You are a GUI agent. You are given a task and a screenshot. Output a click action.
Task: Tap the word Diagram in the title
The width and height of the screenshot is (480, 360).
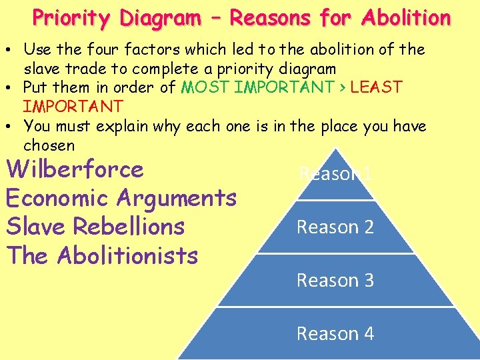point(161,18)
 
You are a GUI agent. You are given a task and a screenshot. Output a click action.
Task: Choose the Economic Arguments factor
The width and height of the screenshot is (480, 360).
point(121,198)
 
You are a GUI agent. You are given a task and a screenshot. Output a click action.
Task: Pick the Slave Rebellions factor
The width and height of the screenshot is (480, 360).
point(95,227)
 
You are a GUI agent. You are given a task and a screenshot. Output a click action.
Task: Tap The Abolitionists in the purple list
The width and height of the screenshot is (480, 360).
point(101,255)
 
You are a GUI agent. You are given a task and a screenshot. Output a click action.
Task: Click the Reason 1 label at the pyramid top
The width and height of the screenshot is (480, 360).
point(335,175)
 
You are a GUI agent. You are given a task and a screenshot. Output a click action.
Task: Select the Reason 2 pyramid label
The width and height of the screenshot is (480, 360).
point(335,227)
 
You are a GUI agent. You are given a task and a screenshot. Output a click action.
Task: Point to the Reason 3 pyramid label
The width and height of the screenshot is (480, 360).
point(335,281)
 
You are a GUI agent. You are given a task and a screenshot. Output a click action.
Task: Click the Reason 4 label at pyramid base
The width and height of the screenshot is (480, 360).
point(335,333)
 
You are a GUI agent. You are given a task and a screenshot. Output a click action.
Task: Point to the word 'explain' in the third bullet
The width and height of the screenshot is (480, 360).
point(140,127)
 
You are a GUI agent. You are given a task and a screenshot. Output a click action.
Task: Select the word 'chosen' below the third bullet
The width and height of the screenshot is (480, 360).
point(49,145)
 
